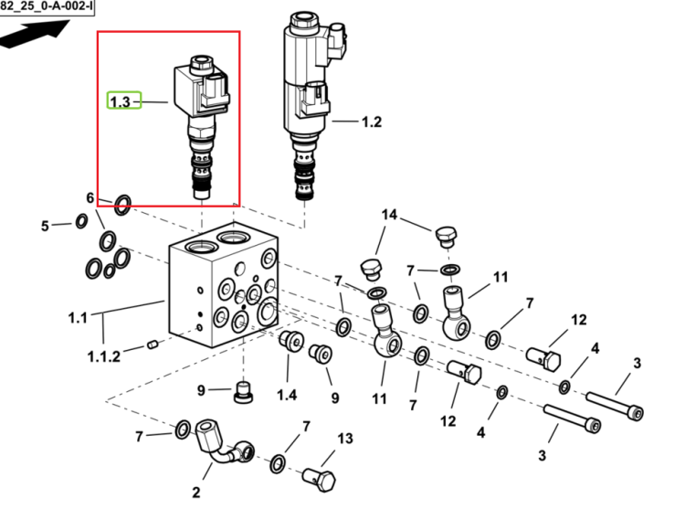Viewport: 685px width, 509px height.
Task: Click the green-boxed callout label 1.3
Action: point(121,101)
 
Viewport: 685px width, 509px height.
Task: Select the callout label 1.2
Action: point(372,122)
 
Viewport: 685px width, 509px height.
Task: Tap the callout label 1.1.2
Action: point(104,356)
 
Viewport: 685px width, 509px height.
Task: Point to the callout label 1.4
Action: point(287,395)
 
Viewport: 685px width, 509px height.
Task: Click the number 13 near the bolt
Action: point(344,439)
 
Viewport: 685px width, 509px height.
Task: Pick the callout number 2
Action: point(196,493)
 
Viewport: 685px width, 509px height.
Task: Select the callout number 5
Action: point(45,226)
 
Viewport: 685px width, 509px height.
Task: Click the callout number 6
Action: point(90,198)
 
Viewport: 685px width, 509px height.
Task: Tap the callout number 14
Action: point(389,215)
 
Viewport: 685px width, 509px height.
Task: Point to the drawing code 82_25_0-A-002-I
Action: point(46,6)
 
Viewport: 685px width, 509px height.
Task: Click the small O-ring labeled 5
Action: point(81,221)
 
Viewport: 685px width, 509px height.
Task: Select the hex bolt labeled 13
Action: point(319,480)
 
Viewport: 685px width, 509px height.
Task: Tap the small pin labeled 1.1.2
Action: point(153,345)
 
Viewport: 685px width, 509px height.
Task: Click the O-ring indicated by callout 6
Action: point(122,205)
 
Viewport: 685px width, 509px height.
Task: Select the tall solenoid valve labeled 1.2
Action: point(312,105)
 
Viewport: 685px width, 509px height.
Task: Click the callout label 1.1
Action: point(78,318)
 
